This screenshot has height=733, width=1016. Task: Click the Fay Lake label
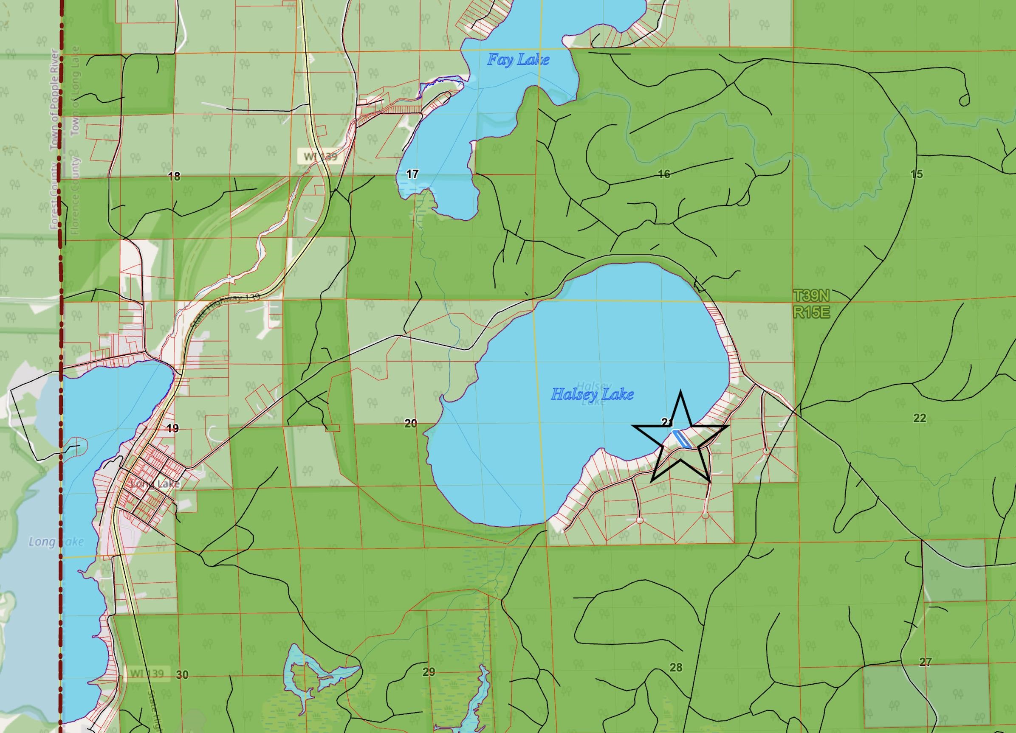(x=518, y=60)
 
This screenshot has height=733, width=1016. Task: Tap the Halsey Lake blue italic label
(x=592, y=394)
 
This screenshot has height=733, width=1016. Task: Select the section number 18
(x=174, y=177)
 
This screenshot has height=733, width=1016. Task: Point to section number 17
(x=412, y=174)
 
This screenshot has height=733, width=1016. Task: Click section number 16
(x=664, y=174)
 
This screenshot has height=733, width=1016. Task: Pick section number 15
(x=917, y=174)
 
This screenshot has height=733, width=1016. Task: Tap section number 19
(x=173, y=429)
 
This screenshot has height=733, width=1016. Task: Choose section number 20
(x=410, y=423)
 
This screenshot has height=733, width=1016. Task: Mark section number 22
(x=919, y=418)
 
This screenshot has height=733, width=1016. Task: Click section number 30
(x=182, y=675)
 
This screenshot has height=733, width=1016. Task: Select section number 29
(x=429, y=671)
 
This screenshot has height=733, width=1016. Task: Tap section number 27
(x=925, y=662)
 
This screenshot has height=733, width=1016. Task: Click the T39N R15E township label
(x=811, y=303)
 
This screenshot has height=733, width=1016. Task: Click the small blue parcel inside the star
(x=681, y=439)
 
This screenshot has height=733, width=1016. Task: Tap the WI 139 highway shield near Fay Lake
(x=320, y=157)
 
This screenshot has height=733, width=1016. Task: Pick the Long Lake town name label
(x=155, y=484)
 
